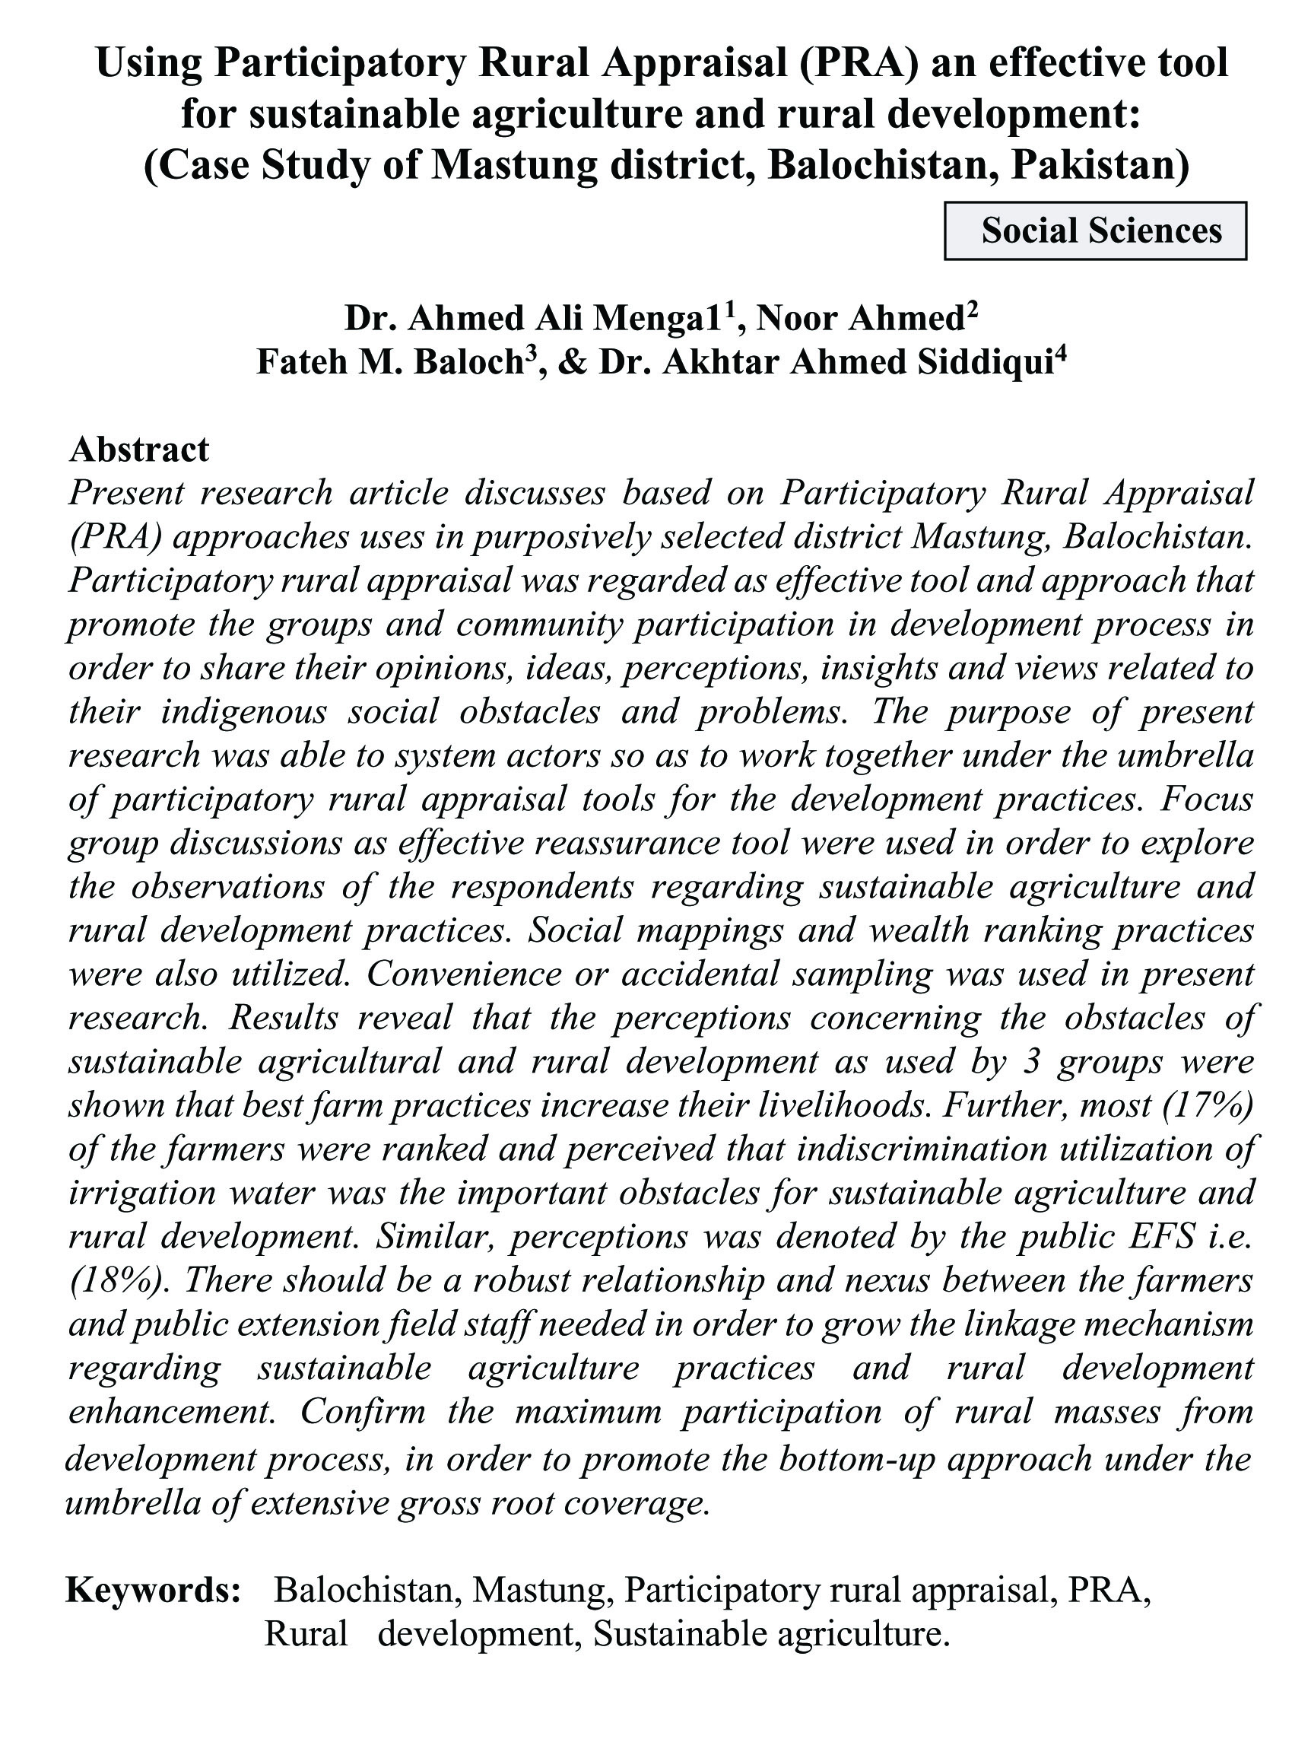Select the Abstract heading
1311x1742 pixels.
pos(139,450)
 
